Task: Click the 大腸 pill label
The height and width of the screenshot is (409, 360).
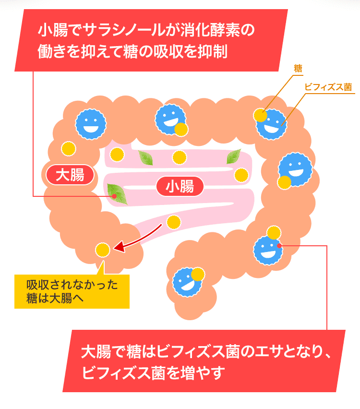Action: pyautogui.click(x=70, y=175)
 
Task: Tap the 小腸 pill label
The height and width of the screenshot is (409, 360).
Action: pyautogui.click(x=180, y=186)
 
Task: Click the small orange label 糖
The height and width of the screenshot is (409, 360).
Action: pyautogui.click(x=298, y=69)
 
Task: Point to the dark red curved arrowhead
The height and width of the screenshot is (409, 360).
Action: pyautogui.click(x=118, y=249)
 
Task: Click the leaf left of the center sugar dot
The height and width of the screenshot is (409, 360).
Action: pyautogui.click(x=145, y=157)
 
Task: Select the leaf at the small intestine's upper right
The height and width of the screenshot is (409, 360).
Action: pyautogui.click(x=234, y=156)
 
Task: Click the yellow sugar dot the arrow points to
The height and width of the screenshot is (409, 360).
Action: pyautogui.click(x=102, y=250)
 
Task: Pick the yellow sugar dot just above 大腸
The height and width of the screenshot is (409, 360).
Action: pyautogui.click(x=69, y=148)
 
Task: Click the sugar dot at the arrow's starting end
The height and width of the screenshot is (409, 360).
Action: pyautogui.click(x=173, y=222)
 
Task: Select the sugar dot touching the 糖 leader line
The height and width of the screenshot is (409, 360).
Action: pyautogui.click(x=260, y=115)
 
